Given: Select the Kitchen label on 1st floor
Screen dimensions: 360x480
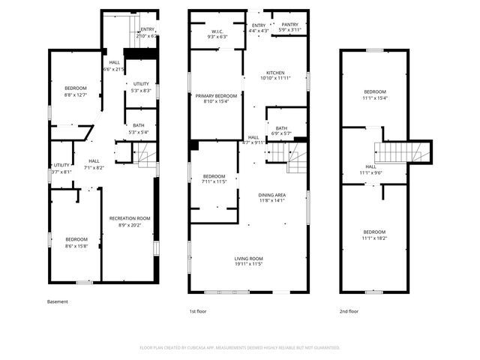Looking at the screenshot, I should click(x=275, y=75).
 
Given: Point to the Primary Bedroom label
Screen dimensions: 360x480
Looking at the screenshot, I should click(x=216, y=98).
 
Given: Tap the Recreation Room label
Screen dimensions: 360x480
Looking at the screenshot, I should click(x=130, y=221).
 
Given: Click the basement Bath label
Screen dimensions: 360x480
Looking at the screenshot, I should click(x=139, y=128).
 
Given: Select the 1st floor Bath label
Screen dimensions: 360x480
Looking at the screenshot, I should click(x=281, y=130).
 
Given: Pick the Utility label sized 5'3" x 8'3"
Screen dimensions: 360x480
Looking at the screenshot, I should click(x=141, y=87).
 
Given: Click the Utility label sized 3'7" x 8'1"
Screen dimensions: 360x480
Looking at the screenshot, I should click(x=61, y=168).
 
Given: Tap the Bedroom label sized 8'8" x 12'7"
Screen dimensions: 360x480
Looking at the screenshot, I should click(x=75, y=91).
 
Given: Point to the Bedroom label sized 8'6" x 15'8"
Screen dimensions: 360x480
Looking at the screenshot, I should click(x=76, y=242).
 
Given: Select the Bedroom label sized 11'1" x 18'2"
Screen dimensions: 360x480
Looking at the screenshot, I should click(x=374, y=235).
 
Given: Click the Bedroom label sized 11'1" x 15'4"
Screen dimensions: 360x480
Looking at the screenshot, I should click(x=374, y=94).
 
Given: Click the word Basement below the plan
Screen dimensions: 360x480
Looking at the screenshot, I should click(x=58, y=302).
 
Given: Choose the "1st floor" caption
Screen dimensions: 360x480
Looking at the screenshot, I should click(x=198, y=310).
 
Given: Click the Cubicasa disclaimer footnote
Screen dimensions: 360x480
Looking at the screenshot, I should click(x=240, y=347).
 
